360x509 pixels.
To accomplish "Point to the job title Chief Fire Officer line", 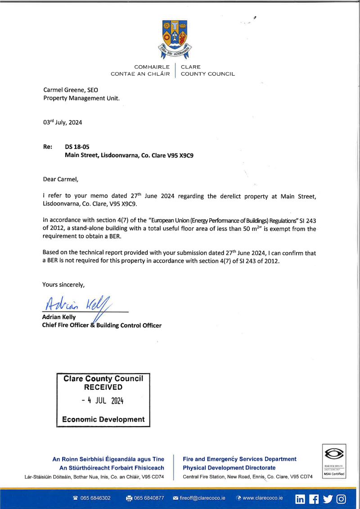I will pos(102,325).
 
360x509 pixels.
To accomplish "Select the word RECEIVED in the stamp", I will pos(103,387).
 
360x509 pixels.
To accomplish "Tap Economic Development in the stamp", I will pos(103,419).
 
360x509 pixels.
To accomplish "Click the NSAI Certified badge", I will pos(333,461).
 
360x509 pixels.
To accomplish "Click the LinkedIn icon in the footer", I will pos(300,499).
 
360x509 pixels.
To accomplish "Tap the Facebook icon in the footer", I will pos(314,499).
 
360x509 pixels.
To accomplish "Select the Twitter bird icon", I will pos(328,499).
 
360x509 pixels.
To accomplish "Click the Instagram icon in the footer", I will pos(342,499).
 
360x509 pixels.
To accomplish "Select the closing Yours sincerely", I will pos(63,284).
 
